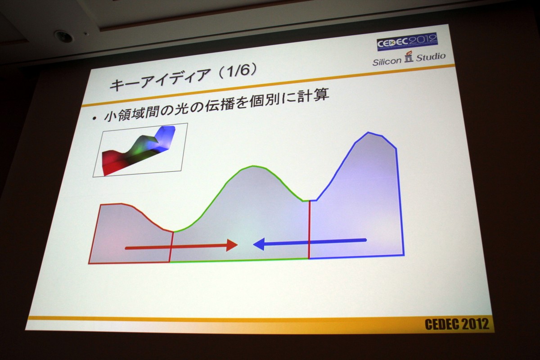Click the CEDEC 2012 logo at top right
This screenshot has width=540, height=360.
click(x=407, y=42)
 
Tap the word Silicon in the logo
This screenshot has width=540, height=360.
click(x=387, y=62)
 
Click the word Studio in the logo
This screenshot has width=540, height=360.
click(x=431, y=57)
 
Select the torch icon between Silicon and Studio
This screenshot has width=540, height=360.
click(x=409, y=56)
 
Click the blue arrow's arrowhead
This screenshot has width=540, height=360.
click(x=259, y=244)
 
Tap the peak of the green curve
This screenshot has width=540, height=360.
click(x=252, y=166)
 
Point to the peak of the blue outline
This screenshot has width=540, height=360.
click(x=368, y=132)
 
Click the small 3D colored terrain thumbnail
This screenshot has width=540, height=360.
click(x=140, y=150)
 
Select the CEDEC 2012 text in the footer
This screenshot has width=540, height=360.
click(x=457, y=324)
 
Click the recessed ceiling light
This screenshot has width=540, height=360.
click(x=63, y=36)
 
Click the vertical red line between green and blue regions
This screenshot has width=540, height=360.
click(x=309, y=229)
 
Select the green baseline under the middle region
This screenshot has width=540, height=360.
click(x=238, y=261)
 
